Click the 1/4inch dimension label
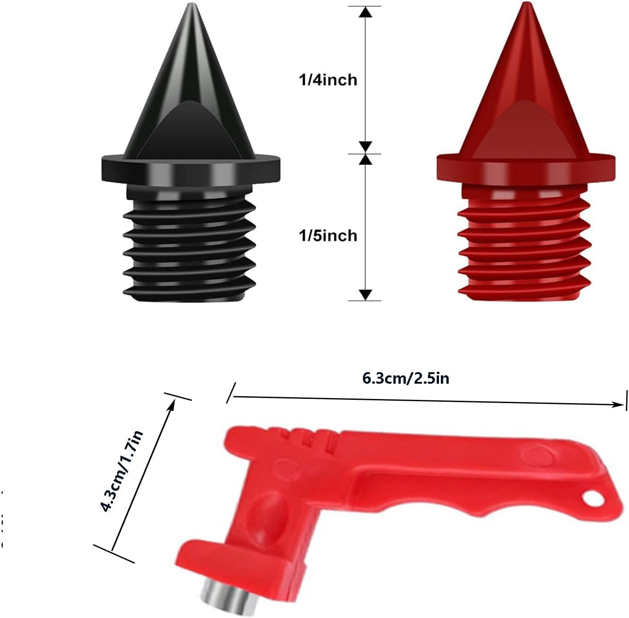click(328, 80)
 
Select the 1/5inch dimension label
click(328, 236)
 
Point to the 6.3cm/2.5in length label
click(406, 379)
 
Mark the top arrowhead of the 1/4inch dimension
click(366, 12)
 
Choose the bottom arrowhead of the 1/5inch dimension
click(365, 294)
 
